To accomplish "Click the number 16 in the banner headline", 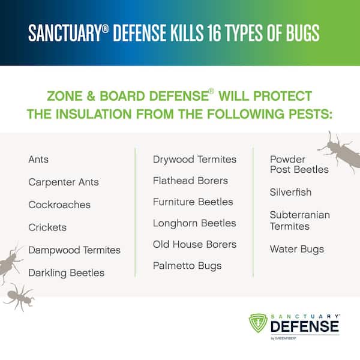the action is point(214,33).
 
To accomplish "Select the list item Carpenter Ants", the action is point(64,182).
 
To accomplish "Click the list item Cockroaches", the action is point(59,205).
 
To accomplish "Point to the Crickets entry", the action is point(47,227).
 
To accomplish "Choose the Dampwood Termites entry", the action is point(74,250).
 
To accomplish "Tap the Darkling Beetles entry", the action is point(67,273).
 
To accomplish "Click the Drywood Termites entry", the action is point(194,160).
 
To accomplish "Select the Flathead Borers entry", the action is point(191,181).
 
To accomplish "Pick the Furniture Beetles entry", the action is point(193,202).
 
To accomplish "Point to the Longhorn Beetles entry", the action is point(194,223).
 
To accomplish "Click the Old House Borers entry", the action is point(194,245).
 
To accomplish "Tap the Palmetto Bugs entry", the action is point(187,266).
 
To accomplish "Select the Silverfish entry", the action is point(290,192).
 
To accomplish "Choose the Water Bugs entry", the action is point(297,250).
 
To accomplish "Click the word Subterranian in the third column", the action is point(300,215).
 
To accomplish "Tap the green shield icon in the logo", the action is point(258,323).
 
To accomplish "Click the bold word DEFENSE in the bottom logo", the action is point(305,326).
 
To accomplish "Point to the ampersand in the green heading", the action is point(91,96).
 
